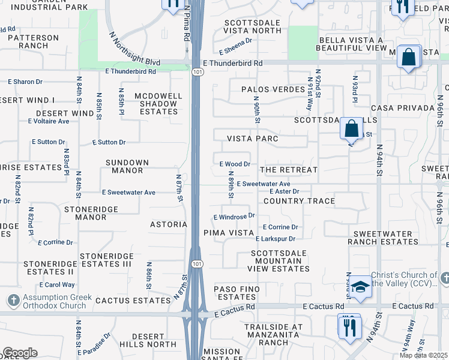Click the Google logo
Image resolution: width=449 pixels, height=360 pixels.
click(x=20, y=353)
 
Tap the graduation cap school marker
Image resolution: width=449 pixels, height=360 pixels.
click(x=360, y=286)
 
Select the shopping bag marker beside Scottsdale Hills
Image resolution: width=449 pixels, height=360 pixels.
click(x=351, y=128)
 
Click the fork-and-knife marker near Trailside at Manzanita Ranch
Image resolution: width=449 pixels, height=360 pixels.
click(x=349, y=327)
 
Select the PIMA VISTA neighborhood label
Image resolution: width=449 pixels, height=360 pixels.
click(x=228, y=232)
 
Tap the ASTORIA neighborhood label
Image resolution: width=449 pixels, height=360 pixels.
click(x=169, y=224)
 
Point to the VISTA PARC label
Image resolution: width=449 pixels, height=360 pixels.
click(x=252, y=139)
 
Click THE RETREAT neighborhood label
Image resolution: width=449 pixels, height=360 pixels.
click(x=289, y=170)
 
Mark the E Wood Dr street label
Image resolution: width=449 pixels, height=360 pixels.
click(x=234, y=164)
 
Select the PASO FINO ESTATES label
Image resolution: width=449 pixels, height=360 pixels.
click(x=238, y=293)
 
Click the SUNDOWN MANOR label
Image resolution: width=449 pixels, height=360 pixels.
click(x=124, y=167)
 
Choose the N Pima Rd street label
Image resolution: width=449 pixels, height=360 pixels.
click(x=187, y=24)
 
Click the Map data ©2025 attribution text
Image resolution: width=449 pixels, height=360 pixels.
click(x=423, y=355)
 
